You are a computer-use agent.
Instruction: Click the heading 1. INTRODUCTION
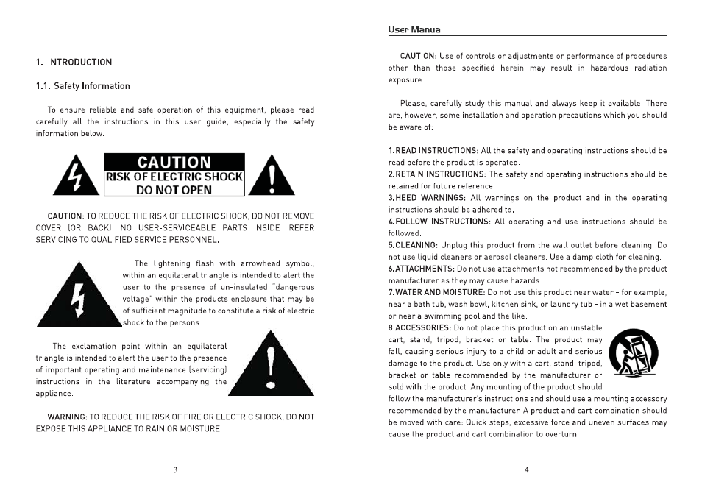coord(74,63)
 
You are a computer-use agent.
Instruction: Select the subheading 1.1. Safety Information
coord(82,86)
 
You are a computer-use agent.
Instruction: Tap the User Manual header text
coord(415,30)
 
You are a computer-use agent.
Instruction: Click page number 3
coord(175,471)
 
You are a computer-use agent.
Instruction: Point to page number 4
coord(527,471)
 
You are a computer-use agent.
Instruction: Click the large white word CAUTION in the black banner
coord(174,163)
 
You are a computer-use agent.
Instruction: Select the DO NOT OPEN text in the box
coord(174,190)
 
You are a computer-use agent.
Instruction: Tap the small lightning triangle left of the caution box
coord(77,177)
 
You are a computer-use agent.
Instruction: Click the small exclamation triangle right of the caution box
coord(272,177)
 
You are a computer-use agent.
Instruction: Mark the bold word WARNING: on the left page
coord(67,417)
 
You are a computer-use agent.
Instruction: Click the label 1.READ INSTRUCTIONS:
coord(433,151)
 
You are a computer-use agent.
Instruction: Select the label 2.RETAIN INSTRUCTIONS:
coord(436,174)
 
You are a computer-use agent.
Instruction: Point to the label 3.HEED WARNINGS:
coord(427,198)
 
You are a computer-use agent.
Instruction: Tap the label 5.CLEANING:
coord(416,245)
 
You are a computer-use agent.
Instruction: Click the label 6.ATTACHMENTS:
coord(422,269)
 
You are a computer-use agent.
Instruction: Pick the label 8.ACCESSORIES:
coord(420,327)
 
